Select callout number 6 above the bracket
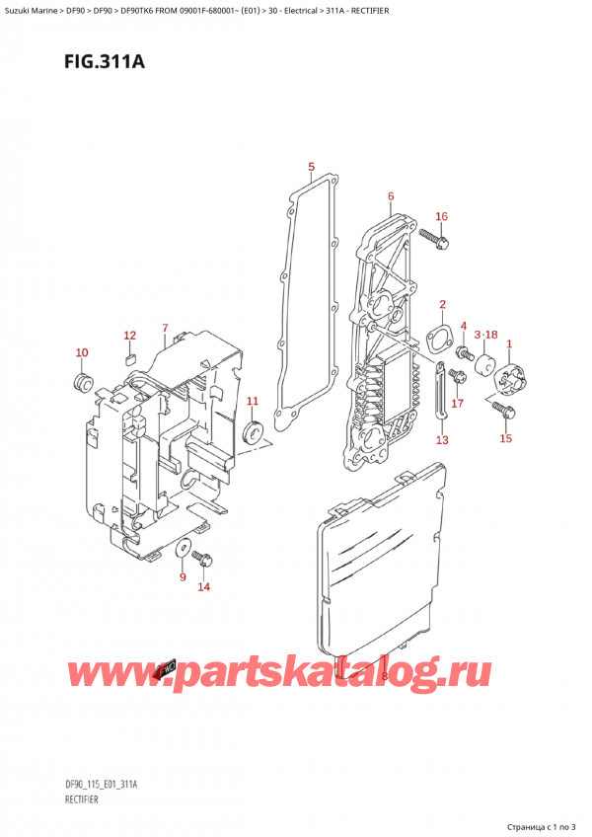click(x=391, y=196)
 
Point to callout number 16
click(x=441, y=217)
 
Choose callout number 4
click(x=464, y=327)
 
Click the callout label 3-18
click(x=486, y=336)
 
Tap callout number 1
click(x=509, y=343)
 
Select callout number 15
click(x=506, y=437)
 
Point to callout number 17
click(x=457, y=403)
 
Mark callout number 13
click(x=442, y=439)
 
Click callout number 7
click(x=165, y=328)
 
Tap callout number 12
click(x=129, y=336)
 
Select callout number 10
click(x=81, y=352)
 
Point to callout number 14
click(x=203, y=587)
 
